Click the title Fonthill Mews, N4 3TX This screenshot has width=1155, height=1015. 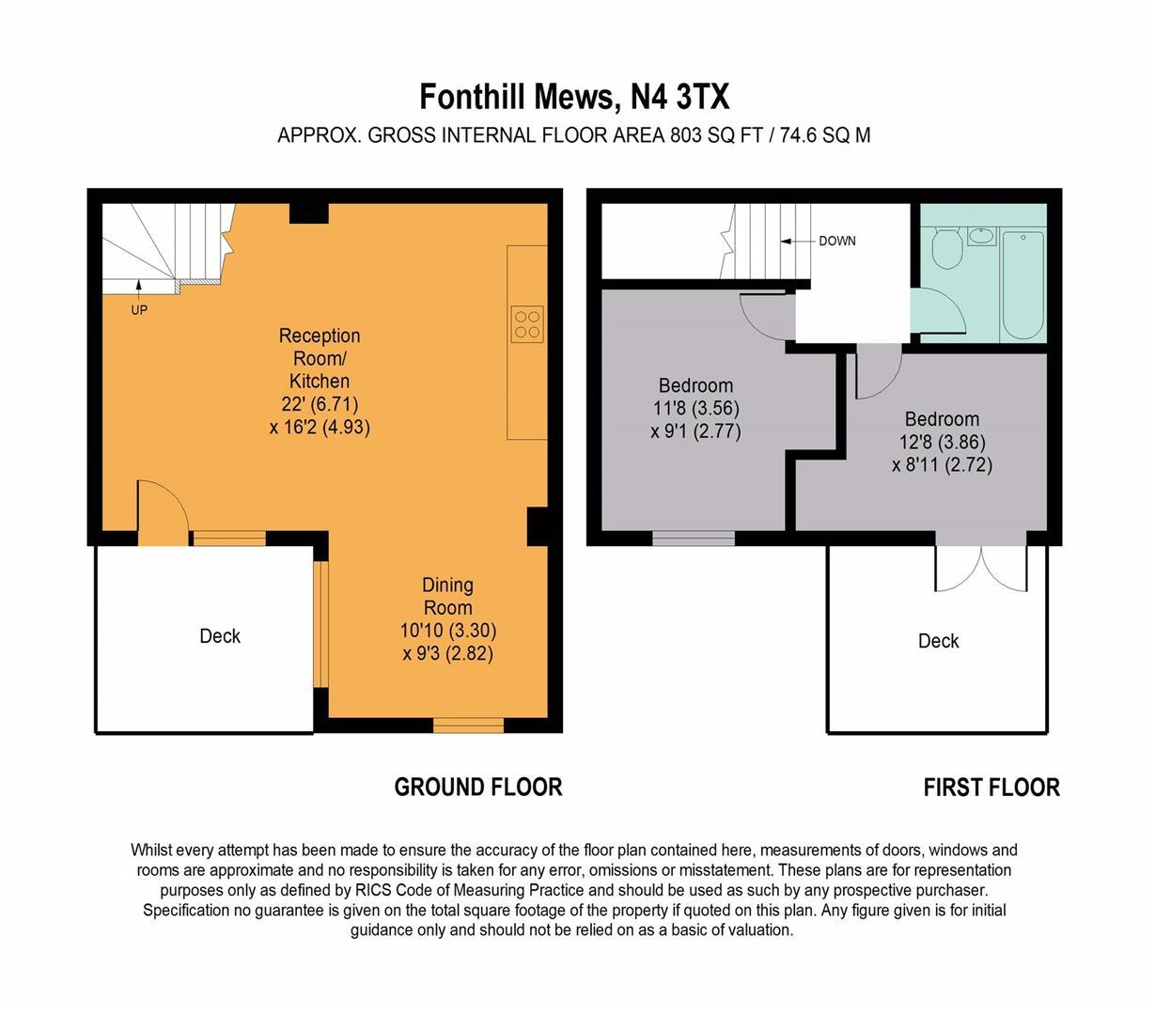(x=574, y=97)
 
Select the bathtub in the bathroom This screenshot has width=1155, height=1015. (x=1022, y=284)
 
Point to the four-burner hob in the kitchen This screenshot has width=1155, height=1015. (x=527, y=323)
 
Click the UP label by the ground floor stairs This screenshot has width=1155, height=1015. (x=138, y=310)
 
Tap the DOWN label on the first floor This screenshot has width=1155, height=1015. (x=836, y=241)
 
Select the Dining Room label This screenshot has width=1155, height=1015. (x=447, y=596)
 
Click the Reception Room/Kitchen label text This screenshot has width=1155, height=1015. (x=320, y=358)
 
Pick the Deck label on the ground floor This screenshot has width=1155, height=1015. (x=220, y=636)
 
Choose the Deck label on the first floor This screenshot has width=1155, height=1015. (x=938, y=641)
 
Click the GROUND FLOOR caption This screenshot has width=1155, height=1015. (x=477, y=788)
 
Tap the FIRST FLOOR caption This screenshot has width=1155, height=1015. (x=991, y=788)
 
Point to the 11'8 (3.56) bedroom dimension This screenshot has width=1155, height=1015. (x=695, y=409)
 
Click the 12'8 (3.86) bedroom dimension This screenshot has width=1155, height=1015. (x=942, y=442)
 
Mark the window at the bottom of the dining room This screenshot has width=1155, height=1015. (x=468, y=725)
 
